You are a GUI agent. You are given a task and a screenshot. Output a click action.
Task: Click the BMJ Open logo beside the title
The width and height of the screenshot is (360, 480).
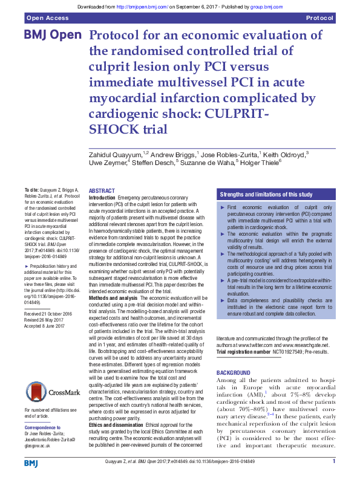[x=52, y=35]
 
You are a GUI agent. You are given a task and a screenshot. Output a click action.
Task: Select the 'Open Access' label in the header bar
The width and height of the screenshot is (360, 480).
[x=47, y=19]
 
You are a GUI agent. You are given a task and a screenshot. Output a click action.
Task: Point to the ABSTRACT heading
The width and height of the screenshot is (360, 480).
[x=102, y=191]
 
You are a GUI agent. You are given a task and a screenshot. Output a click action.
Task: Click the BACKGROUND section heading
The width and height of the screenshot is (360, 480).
[x=234, y=372]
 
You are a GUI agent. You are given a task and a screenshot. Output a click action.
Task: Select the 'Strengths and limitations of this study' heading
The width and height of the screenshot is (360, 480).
[x=266, y=195]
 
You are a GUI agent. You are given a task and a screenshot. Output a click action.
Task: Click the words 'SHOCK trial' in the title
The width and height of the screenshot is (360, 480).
[x=128, y=129]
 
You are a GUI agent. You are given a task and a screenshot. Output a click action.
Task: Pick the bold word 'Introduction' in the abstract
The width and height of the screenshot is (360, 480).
[x=102, y=198]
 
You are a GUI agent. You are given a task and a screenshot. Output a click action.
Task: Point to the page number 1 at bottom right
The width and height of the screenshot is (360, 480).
[x=333, y=462]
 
